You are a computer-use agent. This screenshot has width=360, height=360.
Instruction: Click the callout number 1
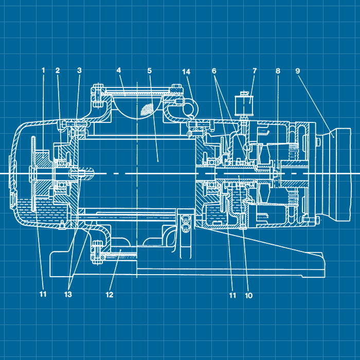(43, 70)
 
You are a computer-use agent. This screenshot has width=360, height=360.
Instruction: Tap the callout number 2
(58, 70)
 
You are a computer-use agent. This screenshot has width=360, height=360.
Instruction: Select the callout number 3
(79, 70)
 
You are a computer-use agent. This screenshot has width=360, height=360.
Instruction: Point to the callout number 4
(119, 70)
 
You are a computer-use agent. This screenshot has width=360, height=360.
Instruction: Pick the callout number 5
(150, 70)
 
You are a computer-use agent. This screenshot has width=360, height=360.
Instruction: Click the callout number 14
(186, 72)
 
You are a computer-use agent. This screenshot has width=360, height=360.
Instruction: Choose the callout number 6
(214, 71)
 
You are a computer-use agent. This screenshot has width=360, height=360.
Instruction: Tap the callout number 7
(255, 71)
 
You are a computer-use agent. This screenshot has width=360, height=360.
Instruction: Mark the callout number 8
(278, 71)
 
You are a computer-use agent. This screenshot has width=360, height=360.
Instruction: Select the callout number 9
(298, 71)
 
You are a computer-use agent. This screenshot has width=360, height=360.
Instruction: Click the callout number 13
(68, 294)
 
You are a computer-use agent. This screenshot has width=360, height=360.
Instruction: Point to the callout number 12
(110, 295)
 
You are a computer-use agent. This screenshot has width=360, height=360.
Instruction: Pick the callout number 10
(249, 295)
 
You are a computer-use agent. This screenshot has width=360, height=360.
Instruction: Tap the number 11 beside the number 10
(232, 295)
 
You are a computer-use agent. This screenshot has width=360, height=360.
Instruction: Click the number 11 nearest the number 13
(43, 294)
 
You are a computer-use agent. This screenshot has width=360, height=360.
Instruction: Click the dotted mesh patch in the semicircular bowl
(146, 109)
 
